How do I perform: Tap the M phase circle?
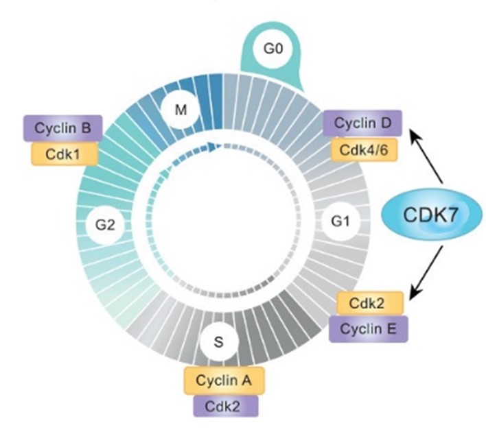(x=181, y=109)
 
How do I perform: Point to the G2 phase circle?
(x=105, y=226)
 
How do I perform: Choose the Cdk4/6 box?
(x=364, y=149)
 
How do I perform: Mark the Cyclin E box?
(x=369, y=328)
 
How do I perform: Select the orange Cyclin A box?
(x=224, y=380)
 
